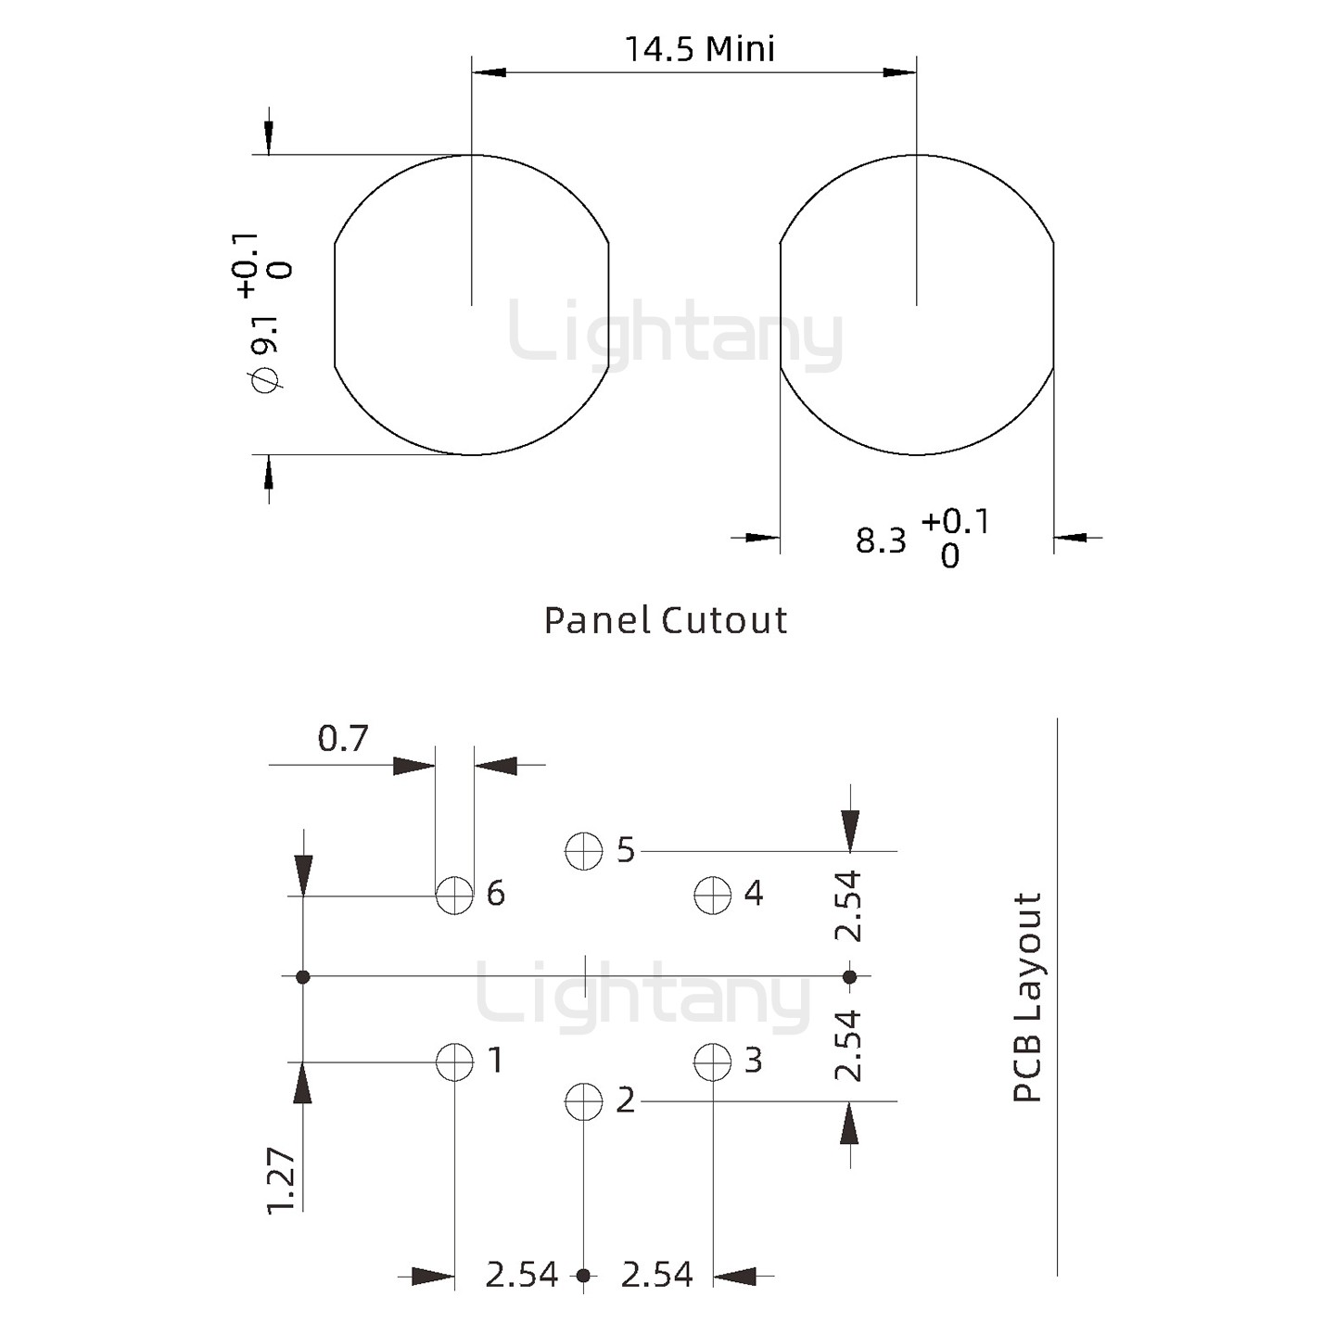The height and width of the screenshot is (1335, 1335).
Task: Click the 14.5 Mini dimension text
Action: pos(700,49)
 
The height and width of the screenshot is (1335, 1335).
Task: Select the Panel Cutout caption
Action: pos(666,620)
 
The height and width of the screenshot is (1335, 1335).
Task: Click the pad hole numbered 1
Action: pos(454,1062)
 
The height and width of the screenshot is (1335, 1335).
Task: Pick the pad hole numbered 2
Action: pos(584,1100)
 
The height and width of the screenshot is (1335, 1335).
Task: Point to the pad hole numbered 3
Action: pos(712,1062)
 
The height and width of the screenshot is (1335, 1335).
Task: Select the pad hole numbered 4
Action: pos(712,895)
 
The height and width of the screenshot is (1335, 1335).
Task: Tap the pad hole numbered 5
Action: pos(584,851)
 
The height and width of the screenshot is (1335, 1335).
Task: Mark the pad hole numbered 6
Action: pos(454,895)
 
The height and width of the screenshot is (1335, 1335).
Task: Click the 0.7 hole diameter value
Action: pos(343,739)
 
